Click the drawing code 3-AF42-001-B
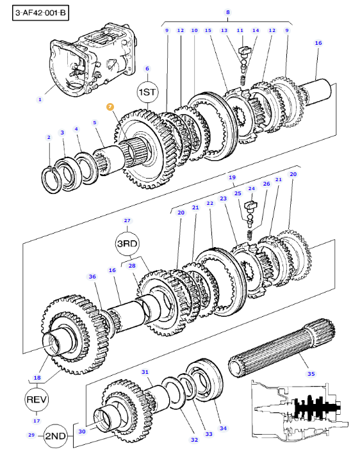point(40,13)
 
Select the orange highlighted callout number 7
point(110,107)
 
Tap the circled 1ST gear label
point(147,92)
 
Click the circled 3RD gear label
point(127,243)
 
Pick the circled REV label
point(37,399)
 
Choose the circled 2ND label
point(56,436)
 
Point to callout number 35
point(311,374)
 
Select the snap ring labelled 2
point(51,180)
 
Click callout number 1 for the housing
point(40,99)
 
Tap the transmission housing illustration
point(93,60)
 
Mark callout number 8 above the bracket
point(227,12)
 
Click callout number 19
point(232,177)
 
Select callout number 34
point(223,428)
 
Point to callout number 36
point(92,277)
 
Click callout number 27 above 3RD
point(127,221)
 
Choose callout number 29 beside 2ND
point(31,435)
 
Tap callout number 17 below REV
point(37,421)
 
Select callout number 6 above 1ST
point(147,68)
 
